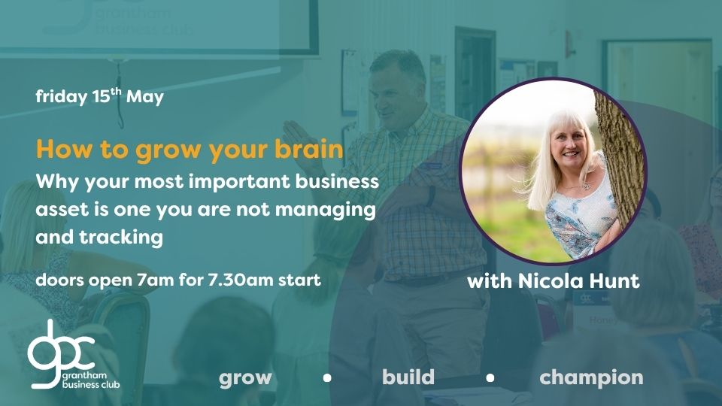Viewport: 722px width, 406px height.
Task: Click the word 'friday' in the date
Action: pos(61,97)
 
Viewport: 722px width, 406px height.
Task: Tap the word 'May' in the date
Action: pos(145,97)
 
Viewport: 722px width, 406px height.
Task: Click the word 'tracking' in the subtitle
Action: pos(121,238)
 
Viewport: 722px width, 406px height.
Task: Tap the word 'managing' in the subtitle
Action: pos(325,211)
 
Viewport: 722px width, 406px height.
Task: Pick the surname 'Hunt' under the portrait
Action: pos(619,280)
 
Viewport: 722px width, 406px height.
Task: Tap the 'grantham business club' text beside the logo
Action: pos(91,380)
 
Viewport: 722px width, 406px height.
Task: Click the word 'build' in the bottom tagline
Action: pos(408,377)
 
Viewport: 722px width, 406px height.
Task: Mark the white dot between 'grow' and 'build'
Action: pos(327,378)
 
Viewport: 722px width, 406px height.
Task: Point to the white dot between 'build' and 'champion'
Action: pos(490,378)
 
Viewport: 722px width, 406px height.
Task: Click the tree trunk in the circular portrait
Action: pos(619,156)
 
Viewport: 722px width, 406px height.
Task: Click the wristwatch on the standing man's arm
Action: pos(430,195)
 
